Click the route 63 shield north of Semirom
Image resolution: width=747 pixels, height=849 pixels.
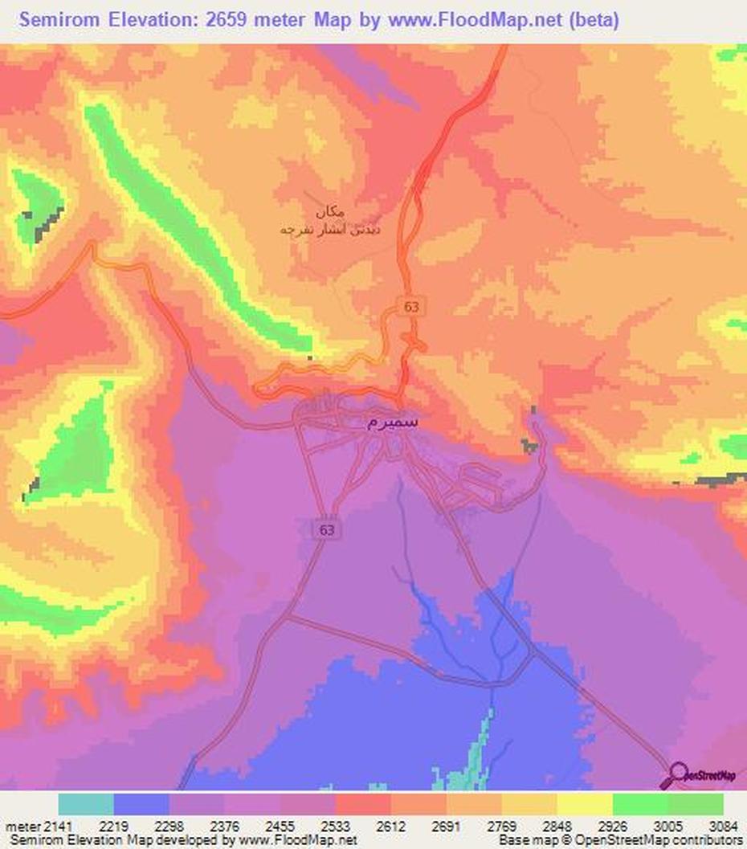click(x=412, y=306)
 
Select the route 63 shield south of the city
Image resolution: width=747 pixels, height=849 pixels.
click(x=326, y=530)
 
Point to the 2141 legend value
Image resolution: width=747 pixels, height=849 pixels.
click(x=44, y=826)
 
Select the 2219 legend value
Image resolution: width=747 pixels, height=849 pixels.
click(x=114, y=826)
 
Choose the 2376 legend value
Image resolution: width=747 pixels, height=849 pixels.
click(x=225, y=826)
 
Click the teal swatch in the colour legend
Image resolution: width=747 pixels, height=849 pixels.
click(x=86, y=804)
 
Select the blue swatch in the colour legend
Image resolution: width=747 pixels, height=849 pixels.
click(x=141, y=804)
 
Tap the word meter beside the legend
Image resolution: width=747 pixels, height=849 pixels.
click(x=14, y=826)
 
